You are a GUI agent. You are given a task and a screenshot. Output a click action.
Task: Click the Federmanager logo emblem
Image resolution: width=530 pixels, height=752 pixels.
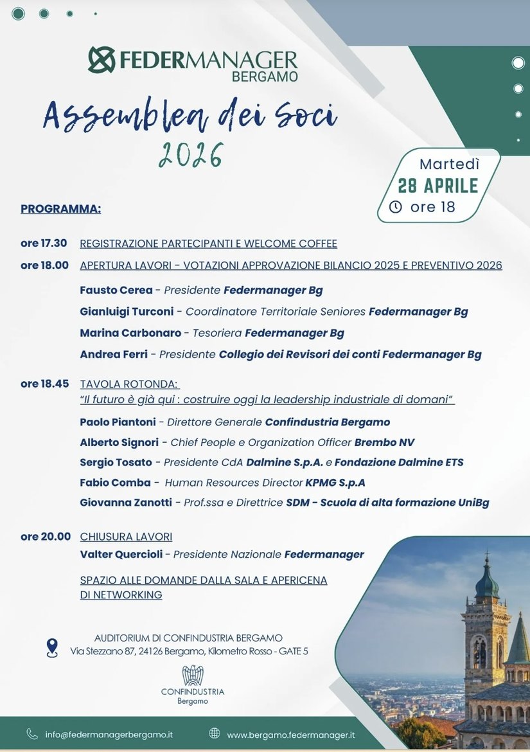102,60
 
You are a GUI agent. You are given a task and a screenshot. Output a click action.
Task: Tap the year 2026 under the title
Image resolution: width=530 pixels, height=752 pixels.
191,155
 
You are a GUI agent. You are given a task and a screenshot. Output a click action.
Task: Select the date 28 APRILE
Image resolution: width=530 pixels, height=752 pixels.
438,186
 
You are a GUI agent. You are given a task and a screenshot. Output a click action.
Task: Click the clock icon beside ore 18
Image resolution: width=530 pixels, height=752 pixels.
396,207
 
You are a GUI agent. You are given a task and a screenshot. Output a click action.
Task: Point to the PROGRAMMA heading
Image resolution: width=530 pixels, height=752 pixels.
60,209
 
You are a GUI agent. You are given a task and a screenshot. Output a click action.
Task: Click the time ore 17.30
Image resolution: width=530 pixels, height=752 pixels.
44,244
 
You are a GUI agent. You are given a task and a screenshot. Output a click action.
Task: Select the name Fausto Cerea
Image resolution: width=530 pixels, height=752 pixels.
116,291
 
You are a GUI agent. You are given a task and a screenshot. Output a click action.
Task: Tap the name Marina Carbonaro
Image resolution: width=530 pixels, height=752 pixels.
130,333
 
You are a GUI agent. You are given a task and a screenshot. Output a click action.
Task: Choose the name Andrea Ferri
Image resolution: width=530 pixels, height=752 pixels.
114,354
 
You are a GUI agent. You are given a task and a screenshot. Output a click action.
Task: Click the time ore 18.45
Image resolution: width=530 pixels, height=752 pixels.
44,384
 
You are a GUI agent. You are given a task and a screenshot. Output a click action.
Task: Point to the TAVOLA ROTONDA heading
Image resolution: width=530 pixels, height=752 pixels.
128,384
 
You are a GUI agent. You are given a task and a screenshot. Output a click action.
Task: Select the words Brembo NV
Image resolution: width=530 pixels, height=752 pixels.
384,443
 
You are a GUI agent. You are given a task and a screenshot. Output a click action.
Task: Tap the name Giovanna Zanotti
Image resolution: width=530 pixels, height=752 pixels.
126,503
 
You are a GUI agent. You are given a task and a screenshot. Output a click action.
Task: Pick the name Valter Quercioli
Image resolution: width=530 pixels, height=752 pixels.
121,555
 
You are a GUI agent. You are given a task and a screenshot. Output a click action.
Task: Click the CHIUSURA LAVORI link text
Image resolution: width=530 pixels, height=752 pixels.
126,537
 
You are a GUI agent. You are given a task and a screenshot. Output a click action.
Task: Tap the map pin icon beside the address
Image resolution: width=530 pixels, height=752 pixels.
52,647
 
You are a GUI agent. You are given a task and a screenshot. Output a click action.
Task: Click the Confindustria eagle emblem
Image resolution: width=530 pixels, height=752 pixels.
193,676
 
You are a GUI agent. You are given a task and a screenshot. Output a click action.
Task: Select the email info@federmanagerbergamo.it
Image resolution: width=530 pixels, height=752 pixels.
109,735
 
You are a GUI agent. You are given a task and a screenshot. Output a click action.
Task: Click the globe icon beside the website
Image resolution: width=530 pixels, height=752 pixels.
215,734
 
